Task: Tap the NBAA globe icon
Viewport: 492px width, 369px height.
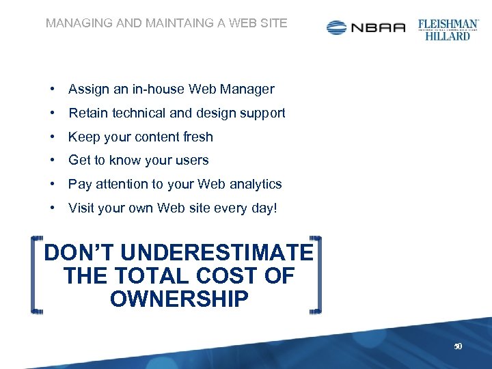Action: coord(337,27)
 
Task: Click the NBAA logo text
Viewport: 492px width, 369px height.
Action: coord(378,27)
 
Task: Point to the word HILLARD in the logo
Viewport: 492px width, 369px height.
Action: coord(448,36)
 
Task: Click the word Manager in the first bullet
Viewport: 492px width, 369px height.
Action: coord(251,89)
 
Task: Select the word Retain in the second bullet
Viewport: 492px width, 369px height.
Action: coord(87,113)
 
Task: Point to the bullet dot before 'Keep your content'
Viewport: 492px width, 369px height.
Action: coord(52,137)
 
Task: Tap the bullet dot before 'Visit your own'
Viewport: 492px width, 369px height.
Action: coord(52,208)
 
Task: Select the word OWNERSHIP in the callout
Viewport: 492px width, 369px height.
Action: coord(179,299)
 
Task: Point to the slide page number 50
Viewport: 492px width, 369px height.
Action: coord(459,346)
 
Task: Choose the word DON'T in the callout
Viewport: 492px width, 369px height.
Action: coord(72,253)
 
